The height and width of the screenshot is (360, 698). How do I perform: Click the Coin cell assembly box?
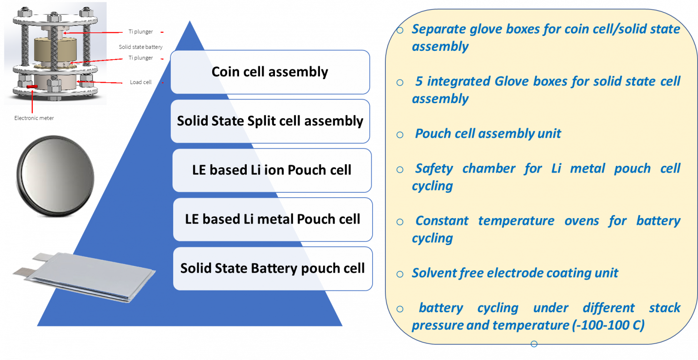(270, 72)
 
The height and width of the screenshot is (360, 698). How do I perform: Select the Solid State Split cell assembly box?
(270, 121)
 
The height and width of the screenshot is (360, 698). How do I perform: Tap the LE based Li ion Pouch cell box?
(272, 170)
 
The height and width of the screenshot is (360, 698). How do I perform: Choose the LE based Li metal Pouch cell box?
(273, 219)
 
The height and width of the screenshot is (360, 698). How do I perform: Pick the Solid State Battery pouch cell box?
(273, 268)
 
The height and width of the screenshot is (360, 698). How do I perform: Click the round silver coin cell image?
(55, 176)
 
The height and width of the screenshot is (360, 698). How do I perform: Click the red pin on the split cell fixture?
(31, 86)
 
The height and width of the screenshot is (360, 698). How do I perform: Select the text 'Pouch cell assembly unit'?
(488, 134)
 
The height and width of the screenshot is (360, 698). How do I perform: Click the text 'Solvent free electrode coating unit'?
(515, 273)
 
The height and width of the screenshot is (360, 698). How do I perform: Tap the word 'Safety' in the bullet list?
(434, 169)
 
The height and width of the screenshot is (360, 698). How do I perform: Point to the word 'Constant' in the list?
(442, 221)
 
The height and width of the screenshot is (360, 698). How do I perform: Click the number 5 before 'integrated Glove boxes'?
(419, 81)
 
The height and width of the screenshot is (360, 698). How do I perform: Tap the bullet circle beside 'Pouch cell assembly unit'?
(400, 135)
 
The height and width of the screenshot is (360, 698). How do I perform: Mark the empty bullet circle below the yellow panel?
(534, 344)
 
